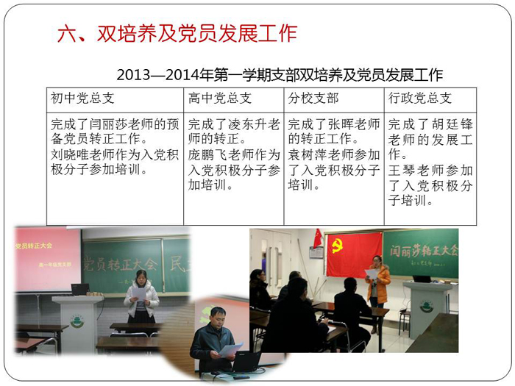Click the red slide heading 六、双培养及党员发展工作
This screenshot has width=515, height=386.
(177, 33)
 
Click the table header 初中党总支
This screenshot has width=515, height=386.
(82, 98)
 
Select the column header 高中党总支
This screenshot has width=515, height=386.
(220, 98)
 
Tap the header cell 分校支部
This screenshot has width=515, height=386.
(313, 98)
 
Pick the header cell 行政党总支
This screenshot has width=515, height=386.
(420, 98)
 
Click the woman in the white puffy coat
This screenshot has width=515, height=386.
(141, 296)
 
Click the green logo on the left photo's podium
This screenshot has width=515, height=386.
(77, 321)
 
